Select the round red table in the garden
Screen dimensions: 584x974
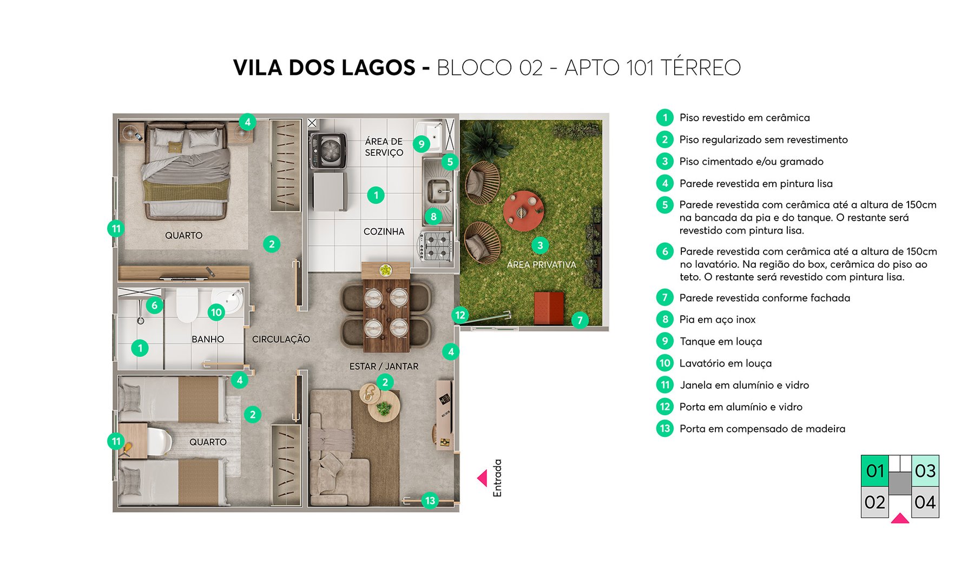click(523, 210)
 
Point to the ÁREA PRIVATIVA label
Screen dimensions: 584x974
click(541, 265)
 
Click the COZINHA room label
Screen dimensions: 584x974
click(384, 231)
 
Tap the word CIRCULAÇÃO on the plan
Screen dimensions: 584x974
click(281, 340)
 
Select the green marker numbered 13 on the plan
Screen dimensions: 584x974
click(430, 501)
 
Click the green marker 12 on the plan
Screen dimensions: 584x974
click(460, 315)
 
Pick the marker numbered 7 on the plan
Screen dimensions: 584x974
click(580, 320)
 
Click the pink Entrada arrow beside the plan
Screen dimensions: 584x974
click(482, 478)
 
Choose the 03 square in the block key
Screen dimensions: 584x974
click(925, 471)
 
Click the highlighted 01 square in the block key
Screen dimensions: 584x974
click(875, 471)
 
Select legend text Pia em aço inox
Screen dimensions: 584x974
click(717, 320)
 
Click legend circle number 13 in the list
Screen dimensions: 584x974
click(664, 429)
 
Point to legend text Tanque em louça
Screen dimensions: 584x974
click(720, 342)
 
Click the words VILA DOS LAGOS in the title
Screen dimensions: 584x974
click(324, 68)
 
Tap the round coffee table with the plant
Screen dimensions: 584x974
click(384, 406)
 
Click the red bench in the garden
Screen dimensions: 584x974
click(549, 308)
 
